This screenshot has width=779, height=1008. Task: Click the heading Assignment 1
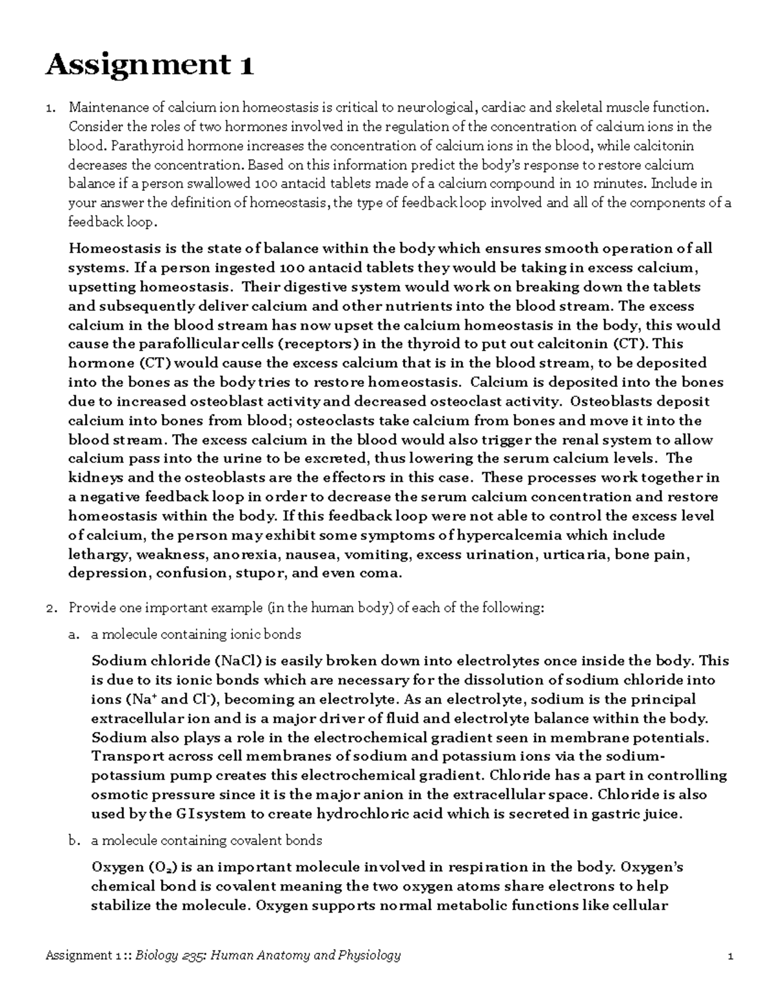click(x=149, y=65)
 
